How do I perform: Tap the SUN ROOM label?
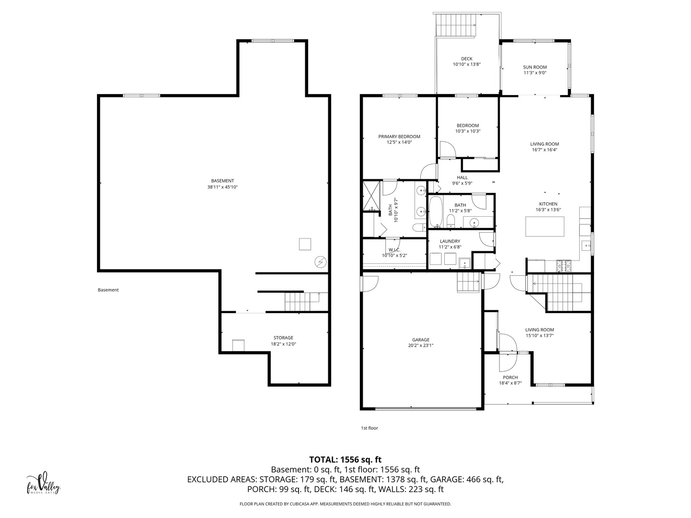click(x=535, y=67)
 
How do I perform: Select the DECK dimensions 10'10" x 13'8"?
click(x=466, y=64)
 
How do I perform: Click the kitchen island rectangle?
click(x=545, y=226)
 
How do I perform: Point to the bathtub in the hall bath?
click(x=436, y=212)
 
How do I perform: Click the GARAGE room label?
click(x=421, y=340)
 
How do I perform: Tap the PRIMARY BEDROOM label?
click(x=399, y=137)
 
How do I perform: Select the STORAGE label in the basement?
click(x=283, y=338)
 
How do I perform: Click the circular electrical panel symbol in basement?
click(x=321, y=262)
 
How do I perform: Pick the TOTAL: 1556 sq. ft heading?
click(x=345, y=459)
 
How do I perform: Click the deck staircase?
click(x=455, y=25)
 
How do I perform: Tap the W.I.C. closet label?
click(x=394, y=250)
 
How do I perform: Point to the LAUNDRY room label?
click(x=450, y=241)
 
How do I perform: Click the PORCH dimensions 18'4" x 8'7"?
click(x=510, y=383)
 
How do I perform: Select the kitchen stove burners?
click(x=563, y=266)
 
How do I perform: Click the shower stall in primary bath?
click(x=371, y=196)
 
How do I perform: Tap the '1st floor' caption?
click(x=369, y=428)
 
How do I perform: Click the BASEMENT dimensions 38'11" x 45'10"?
click(x=222, y=187)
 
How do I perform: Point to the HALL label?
click(x=462, y=177)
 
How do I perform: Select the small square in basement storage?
click(x=238, y=345)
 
